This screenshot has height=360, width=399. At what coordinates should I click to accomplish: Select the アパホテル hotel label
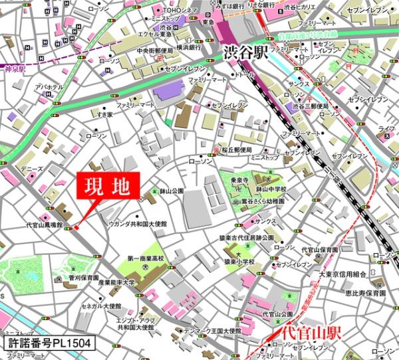pyautogui.click(x=49, y=88)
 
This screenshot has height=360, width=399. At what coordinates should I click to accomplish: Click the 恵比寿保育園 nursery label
pyautogui.click(x=370, y=292)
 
